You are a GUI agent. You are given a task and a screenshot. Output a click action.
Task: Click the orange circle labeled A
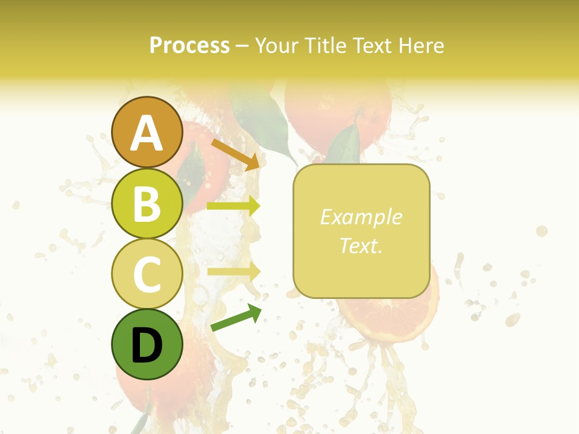pos(147,133)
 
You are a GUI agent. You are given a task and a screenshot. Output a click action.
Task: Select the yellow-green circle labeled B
pos(147,203)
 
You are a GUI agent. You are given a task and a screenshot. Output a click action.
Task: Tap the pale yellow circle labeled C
pos(147,274)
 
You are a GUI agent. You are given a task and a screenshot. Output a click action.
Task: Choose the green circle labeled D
pos(147,344)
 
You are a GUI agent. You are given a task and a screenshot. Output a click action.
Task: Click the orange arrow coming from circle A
pos(235,154)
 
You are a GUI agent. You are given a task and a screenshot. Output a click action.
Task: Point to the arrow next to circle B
pos(233,206)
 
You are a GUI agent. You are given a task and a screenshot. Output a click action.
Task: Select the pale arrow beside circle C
pos(233,271)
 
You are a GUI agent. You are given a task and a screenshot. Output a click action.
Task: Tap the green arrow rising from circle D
pos(236,318)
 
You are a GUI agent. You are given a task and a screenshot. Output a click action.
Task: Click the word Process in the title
pos(189,45)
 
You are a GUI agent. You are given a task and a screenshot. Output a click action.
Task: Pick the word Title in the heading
pos(325,45)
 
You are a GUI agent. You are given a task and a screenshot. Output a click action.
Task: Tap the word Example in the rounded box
pos(361,217)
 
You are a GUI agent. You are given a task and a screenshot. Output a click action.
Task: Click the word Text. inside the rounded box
pos(361,245)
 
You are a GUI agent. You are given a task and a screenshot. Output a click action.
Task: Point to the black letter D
pos(147,345)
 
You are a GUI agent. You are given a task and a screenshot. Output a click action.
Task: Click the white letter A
pos(147,134)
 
